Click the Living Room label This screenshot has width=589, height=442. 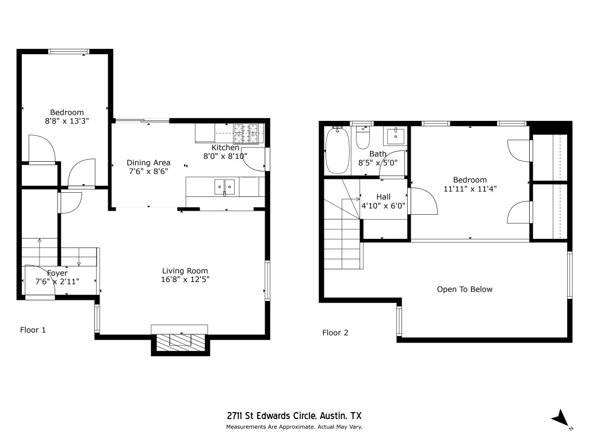pyautogui.click(x=185, y=270)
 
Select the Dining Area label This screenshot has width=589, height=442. pyautogui.click(x=148, y=162)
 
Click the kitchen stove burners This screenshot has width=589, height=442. pyautogui.click(x=248, y=134)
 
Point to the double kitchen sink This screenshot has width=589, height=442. pyautogui.click(x=224, y=186)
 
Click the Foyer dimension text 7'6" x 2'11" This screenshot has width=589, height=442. pyautogui.click(x=58, y=281)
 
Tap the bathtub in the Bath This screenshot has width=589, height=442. pyautogui.click(x=337, y=150)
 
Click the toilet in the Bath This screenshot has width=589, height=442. pyautogui.click(x=363, y=138)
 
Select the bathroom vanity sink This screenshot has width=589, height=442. pyautogui.click(x=396, y=136)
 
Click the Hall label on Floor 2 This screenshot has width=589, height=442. pyautogui.click(x=383, y=196)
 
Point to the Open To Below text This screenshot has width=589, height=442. pyautogui.click(x=465, y=289)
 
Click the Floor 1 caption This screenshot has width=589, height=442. pyautogui.click(x=33, y=330)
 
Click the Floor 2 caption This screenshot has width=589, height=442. pyautogui.click(x=335, y=332)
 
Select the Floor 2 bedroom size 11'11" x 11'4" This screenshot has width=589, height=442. pyautogui.click(x=469, y=188)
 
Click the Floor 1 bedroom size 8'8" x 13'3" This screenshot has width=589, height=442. pyautogui.click(x=67, y=121)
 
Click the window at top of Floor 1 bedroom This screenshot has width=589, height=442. pyautogui.click(x=68, y=51)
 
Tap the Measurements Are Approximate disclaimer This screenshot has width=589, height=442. pyautogui.click(x=294, y=427)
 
